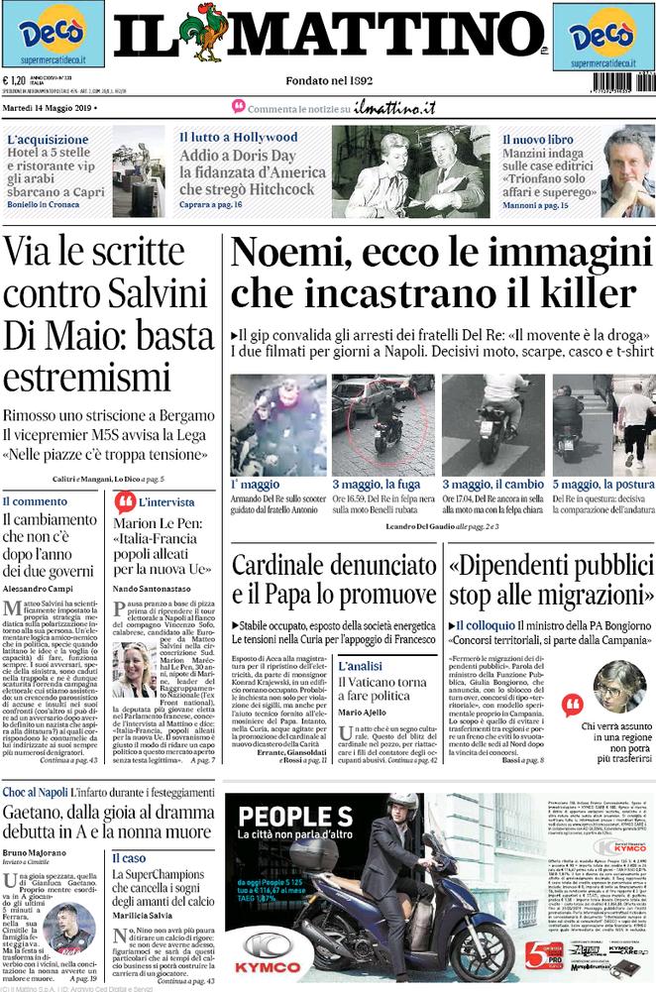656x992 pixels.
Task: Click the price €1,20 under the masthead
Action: pyautogui.click(x=14, y=82)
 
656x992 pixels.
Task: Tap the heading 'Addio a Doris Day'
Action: pyautogui.click(x=237, y=156)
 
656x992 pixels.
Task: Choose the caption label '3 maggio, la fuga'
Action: pyautogui.click(x=379, y=484)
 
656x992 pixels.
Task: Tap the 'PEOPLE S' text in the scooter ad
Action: pyautogui.click(x=281, y=818)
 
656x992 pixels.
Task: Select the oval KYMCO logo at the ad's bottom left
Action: pyautogui.click(x=264, y=946)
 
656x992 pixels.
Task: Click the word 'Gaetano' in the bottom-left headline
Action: pyautogui.click(x=42, y=791)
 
